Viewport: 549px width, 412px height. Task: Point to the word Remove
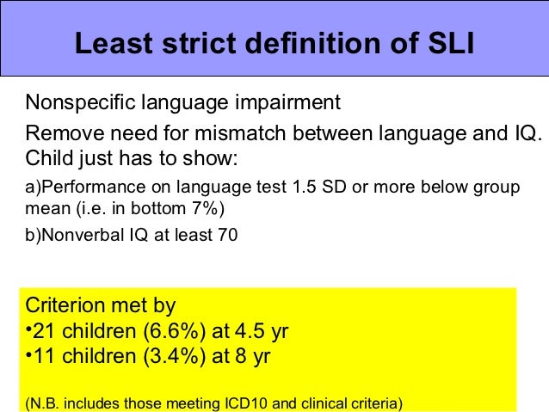point(61,135)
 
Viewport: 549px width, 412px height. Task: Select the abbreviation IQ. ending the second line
point(527,135)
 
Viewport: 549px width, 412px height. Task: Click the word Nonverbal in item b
point(84,234)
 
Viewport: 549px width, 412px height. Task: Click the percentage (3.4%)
point(157,355)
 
